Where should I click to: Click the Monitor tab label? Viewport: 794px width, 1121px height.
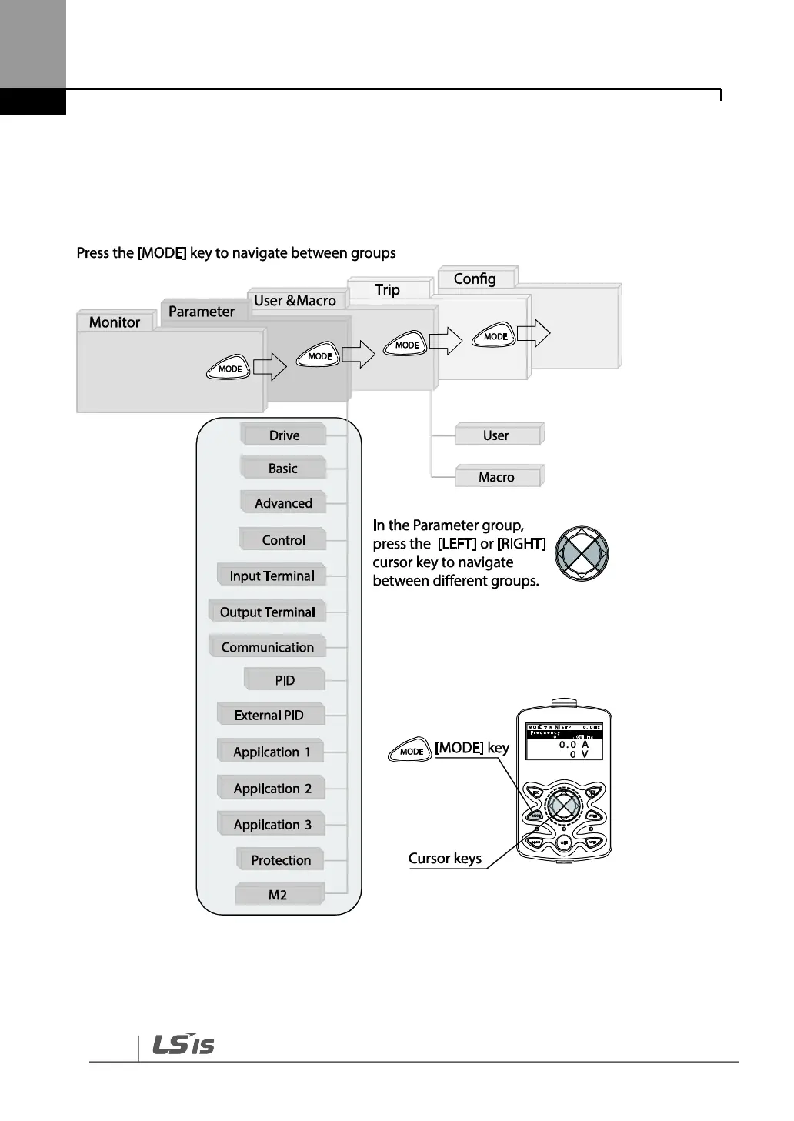coord(115,322)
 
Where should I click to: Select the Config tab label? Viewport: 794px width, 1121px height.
coord(475,279)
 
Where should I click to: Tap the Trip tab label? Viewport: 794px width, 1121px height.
coord(387,290)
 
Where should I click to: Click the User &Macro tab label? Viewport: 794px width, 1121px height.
coord(295,301)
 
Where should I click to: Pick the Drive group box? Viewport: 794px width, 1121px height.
coord(284,435)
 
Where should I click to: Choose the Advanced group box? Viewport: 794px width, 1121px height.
coord(283,503)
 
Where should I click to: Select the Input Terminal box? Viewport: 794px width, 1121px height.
coord(272,576)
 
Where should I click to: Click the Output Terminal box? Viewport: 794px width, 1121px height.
coord(267,612)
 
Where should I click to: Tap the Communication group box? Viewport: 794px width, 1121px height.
coord(267,647)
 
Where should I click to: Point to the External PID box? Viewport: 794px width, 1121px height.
coord(269,715)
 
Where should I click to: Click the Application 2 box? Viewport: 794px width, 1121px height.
coord(272,789)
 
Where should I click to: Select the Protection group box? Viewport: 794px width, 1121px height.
coord(281,860)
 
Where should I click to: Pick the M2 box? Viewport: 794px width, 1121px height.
coord(278,895)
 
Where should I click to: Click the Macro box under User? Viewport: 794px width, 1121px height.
coord(497,477)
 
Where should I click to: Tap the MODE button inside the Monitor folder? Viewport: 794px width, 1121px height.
coord(229,369)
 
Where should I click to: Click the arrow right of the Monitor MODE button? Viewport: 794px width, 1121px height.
coord(269,367)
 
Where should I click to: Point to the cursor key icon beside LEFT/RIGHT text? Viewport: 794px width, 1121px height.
coord(582,553)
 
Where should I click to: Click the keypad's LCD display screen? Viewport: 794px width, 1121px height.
coord(564,742)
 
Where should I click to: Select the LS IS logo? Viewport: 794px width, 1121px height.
coord(183,1044)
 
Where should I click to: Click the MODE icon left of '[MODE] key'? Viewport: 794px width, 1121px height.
coord(412,751)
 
